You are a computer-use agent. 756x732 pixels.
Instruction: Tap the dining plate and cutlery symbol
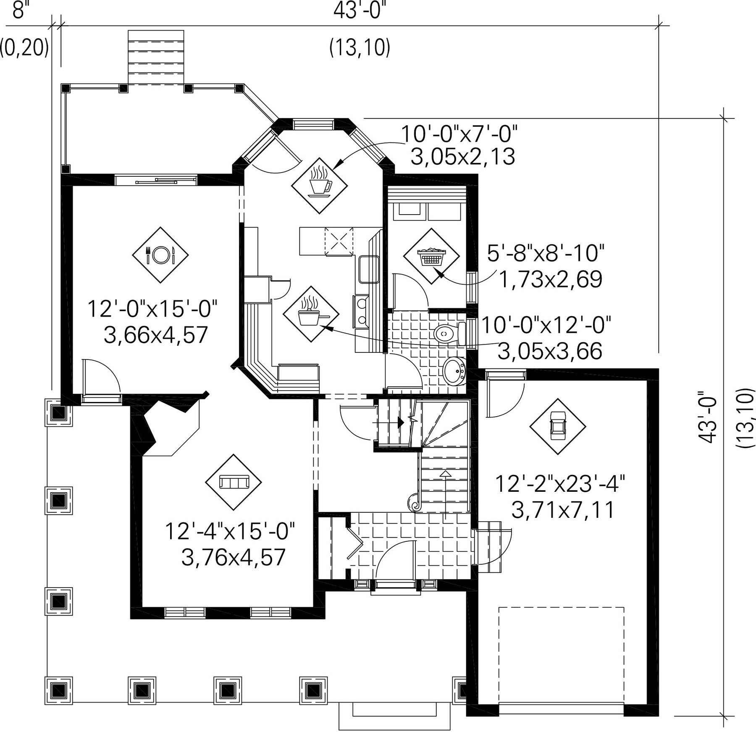[x=160, y=254]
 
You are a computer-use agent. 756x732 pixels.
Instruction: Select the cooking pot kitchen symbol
[x=311, y=314]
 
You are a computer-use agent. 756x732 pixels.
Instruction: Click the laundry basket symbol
[x=431, y=256]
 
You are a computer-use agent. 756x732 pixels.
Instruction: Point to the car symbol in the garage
[x=557, y=426]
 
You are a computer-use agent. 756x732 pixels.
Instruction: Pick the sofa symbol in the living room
[x=234, y=482]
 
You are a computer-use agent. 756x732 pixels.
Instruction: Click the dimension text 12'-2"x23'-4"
[x=560, y=483]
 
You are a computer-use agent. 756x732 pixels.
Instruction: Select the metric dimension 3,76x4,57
[x=234, y=557]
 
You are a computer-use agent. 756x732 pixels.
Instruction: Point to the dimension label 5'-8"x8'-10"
[x=546, y=253]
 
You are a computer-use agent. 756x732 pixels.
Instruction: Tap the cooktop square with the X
[x=339, y=241]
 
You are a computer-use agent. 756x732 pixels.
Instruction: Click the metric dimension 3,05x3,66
[x=550, y=351]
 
